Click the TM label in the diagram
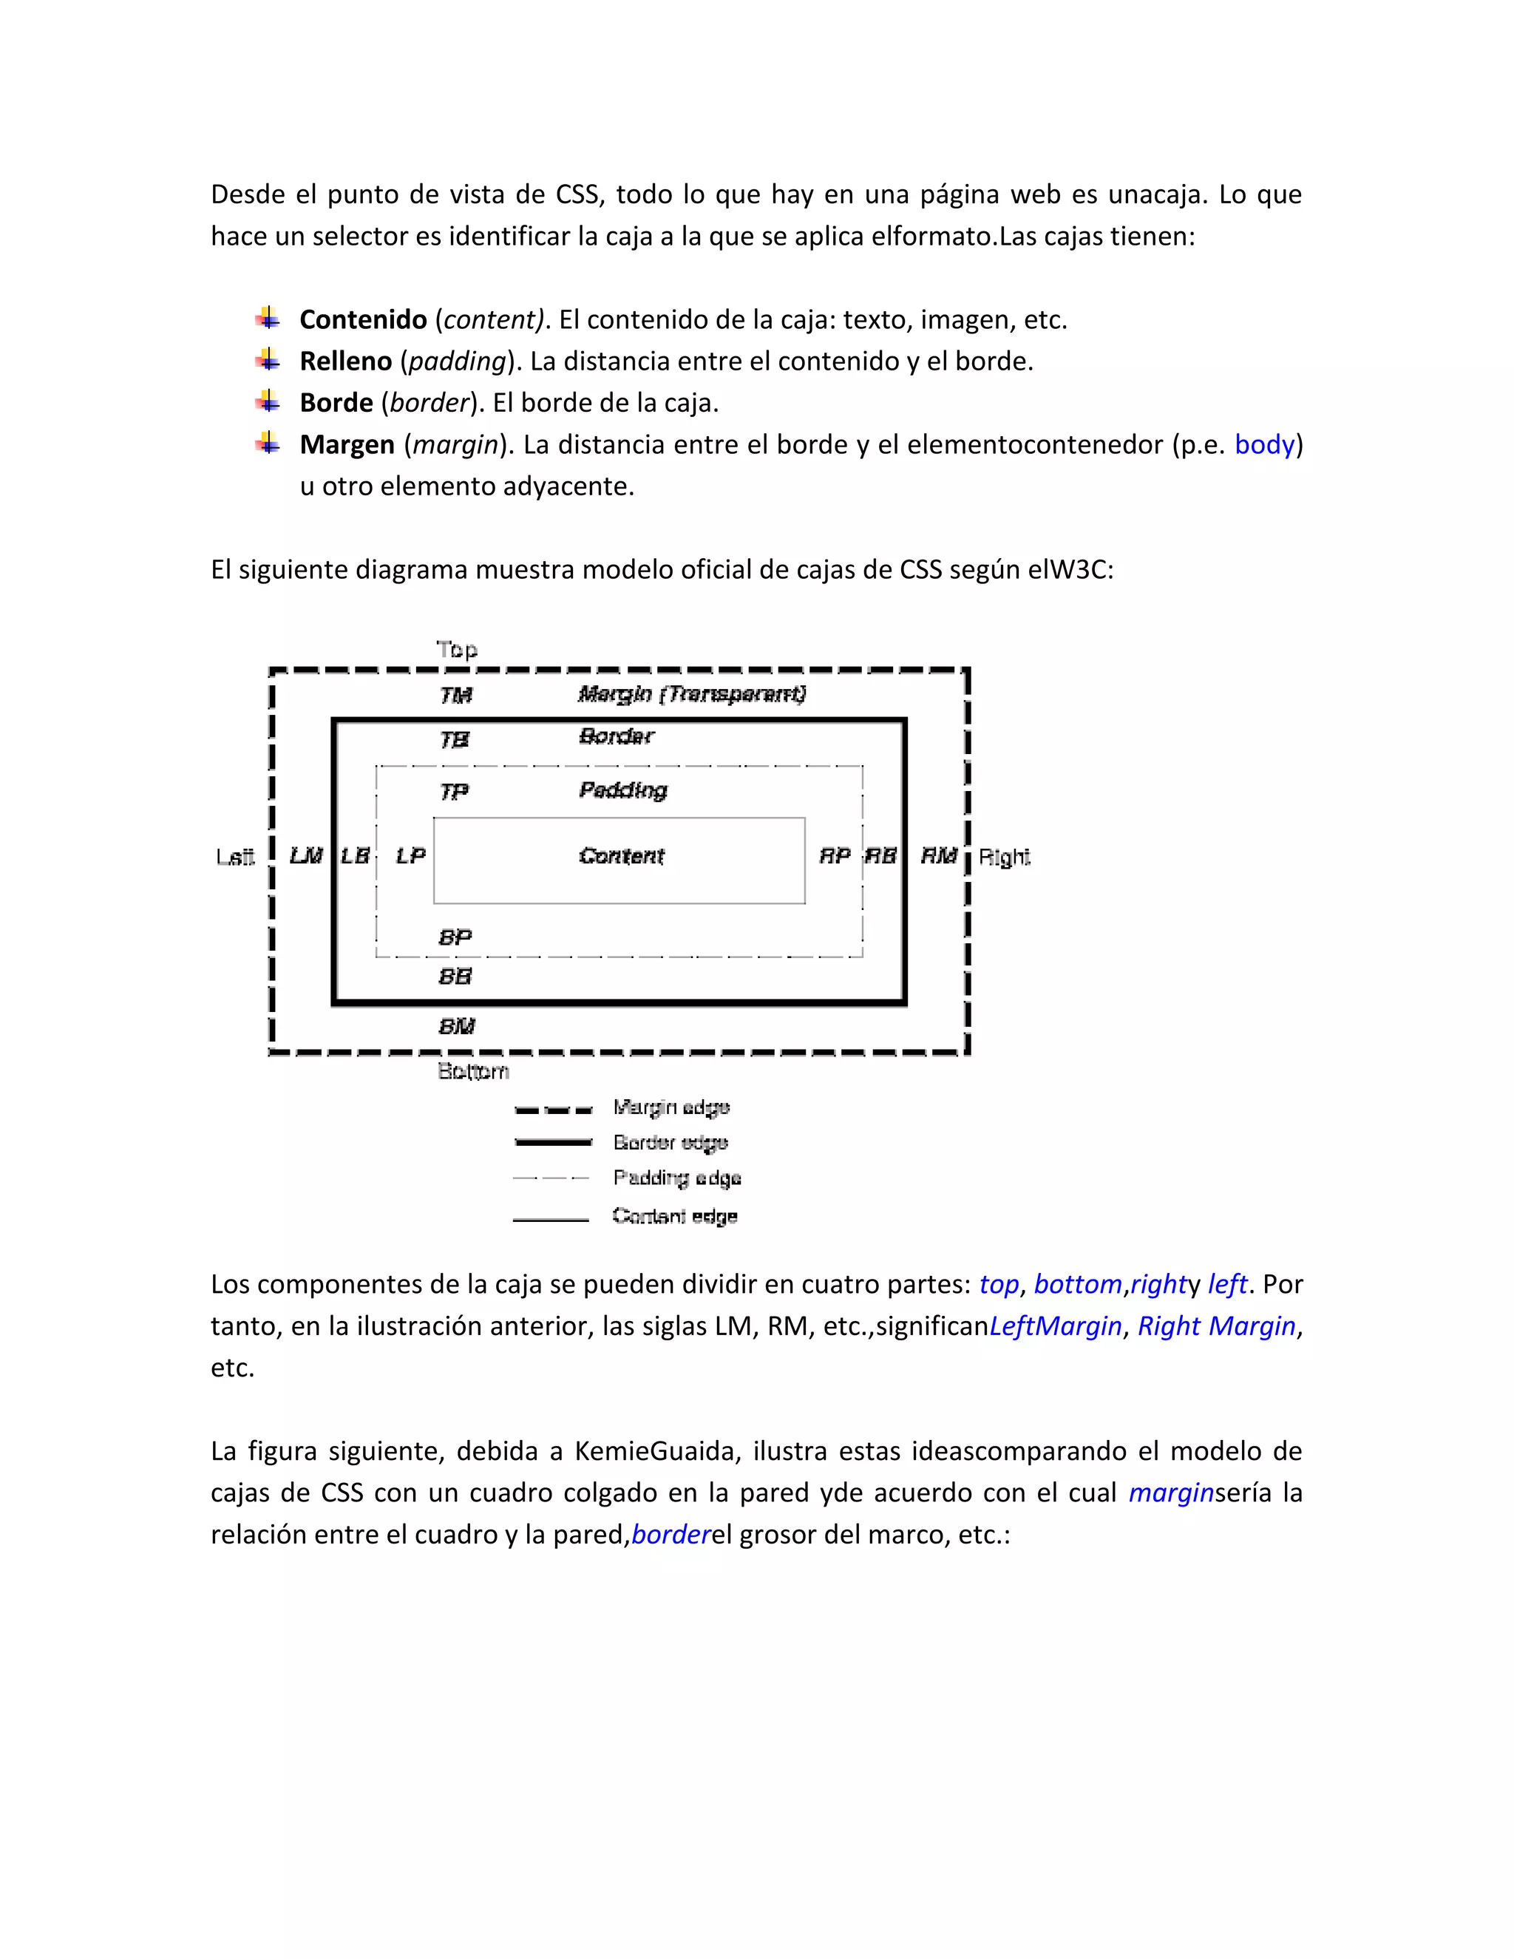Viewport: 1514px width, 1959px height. (x=455, y=695)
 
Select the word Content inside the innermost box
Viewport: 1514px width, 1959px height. (x=622, y=856)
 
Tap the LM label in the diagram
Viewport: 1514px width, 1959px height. (x=306, y=856)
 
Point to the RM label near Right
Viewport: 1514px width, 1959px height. (x=939, y=856)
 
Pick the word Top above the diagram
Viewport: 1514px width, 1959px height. (x=457, y=648)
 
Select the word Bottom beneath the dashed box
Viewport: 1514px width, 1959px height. (x=472, y=1071)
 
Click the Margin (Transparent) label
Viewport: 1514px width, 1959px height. (x=691, y=693)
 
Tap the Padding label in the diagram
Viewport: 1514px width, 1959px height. (x=623, y=790)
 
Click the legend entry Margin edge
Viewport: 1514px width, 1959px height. (x=671, y=1108)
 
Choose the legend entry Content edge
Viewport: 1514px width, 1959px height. (x=674, y=1216)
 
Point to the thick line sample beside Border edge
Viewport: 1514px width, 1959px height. (x=552, y=1143)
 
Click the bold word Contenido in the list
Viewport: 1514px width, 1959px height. (x=363, y=319)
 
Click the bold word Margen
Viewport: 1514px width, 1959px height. (x=347, y=445)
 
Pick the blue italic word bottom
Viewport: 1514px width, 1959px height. (x=1077, y=1285)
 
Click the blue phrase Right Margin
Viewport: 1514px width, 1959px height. (x=1216, y=1325)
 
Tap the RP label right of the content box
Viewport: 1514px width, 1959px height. (x=834, y=856)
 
